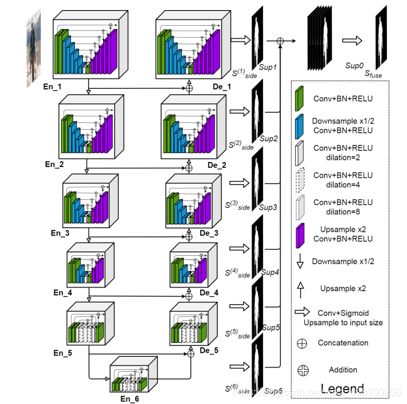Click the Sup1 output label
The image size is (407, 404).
269,66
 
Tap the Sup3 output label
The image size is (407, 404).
269,207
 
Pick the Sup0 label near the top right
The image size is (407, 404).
355,65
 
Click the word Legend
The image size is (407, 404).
343,387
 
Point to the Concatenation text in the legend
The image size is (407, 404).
343,343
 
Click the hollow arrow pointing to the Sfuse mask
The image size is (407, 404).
351,40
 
